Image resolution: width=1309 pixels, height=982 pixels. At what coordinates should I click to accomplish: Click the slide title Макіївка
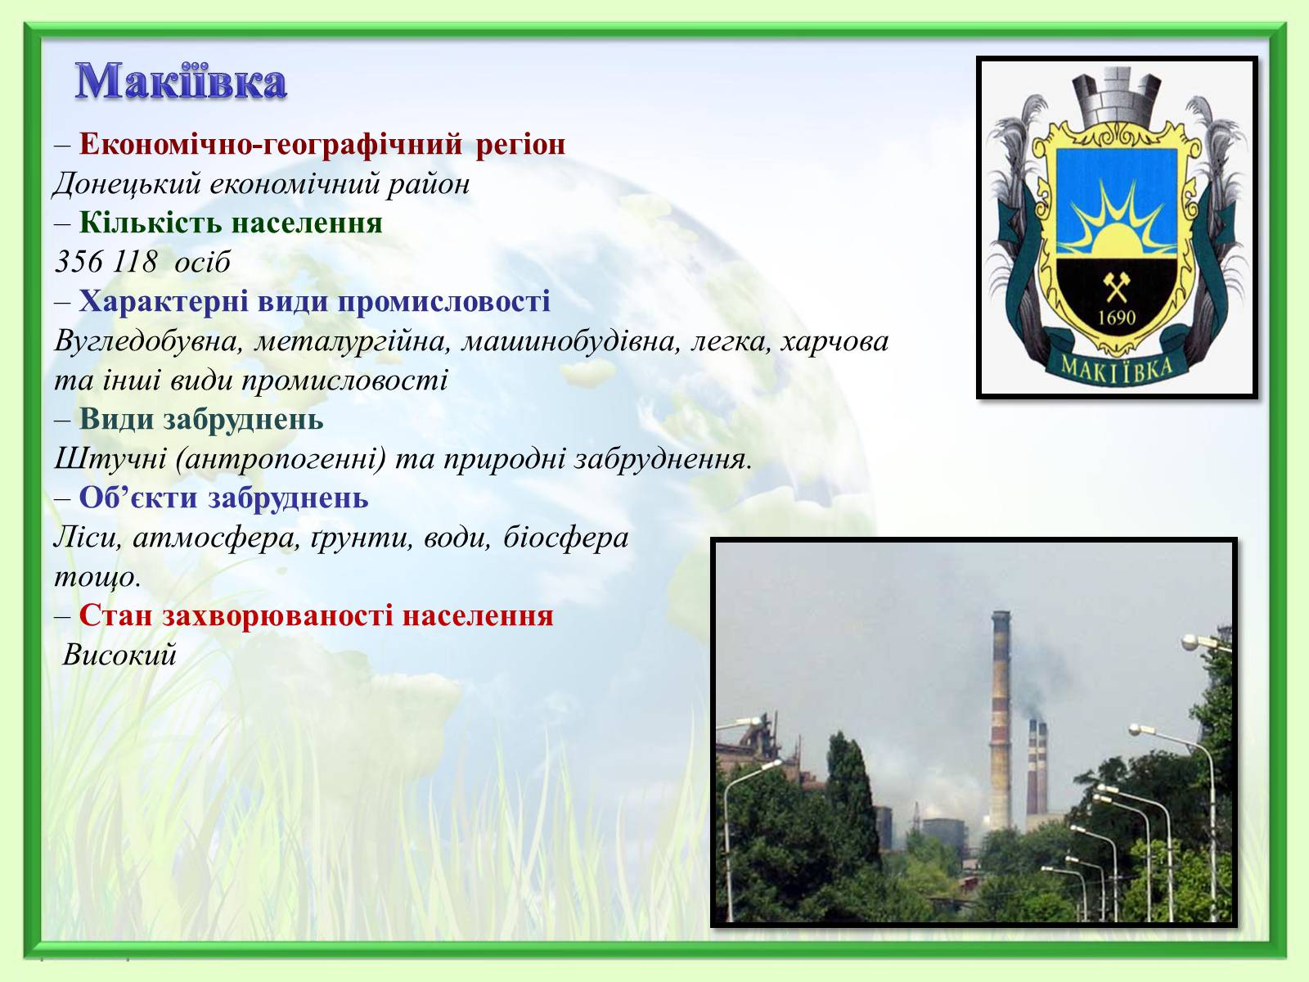(x=181, y=80)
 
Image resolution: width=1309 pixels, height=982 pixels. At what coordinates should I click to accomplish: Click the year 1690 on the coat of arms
(x=1117, y=318)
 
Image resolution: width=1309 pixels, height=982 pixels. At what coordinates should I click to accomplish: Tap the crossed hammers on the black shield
(x=1116, y=287)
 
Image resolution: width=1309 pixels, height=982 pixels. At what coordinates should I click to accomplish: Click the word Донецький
(x=127, y=183)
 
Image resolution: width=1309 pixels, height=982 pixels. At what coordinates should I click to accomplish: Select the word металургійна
(x=352, y=341)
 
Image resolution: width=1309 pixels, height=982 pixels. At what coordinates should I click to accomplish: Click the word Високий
(x=119, y=655)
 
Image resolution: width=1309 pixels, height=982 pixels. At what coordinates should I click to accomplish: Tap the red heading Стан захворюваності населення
(x=316, y=615)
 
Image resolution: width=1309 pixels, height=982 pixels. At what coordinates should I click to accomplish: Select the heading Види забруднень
(x=201, y=419)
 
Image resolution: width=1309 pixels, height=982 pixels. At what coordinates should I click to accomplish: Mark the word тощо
(x=97, y=577)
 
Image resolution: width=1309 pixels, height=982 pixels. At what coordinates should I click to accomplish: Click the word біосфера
(x=566, y=538)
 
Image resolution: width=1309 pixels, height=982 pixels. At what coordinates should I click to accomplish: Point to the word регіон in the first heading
(x=520, y=144)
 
